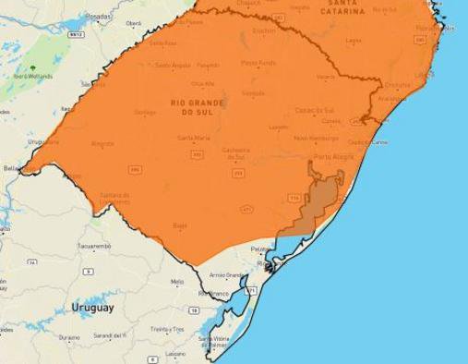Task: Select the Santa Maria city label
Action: (193, 139)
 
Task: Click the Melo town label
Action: (176, 281)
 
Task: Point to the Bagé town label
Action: (181, 224)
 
